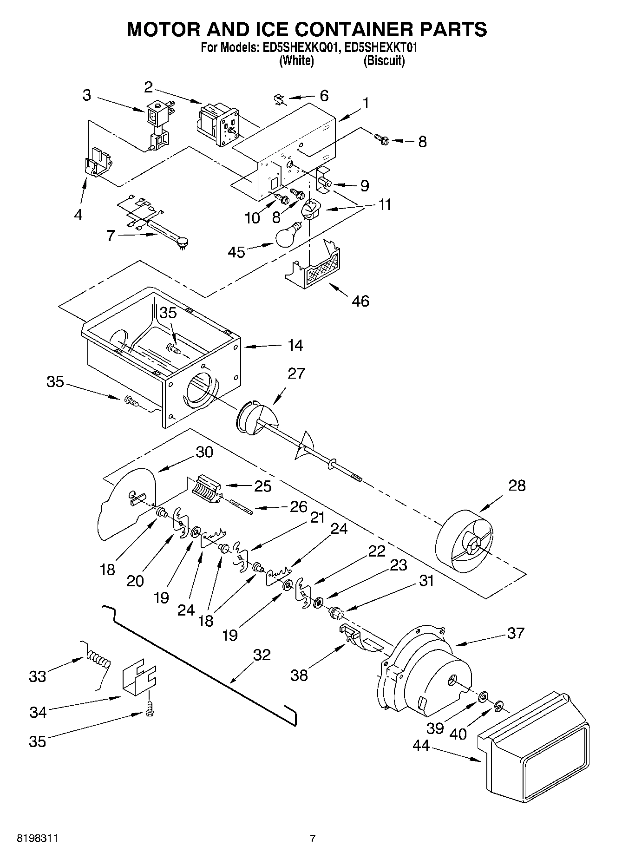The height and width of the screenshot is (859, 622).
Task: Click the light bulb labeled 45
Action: (288, 236)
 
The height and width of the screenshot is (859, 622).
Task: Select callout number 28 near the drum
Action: (517, 485)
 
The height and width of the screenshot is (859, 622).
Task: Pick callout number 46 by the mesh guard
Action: (360, 301)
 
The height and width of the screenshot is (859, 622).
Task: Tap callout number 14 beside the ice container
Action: (295, 345)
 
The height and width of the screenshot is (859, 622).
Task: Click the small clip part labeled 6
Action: (280, 99)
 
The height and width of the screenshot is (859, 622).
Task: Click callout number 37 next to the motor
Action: (516, 633)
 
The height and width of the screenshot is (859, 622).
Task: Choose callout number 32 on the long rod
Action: (262, 655)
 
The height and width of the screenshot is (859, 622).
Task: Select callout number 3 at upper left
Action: (87, 95)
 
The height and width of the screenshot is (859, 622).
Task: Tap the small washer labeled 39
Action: (483, 695)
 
